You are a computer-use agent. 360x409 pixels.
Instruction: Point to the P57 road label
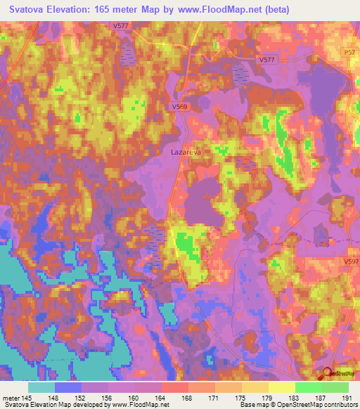350,52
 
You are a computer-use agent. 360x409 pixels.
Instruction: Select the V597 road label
351,261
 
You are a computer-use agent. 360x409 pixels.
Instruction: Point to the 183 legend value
295,396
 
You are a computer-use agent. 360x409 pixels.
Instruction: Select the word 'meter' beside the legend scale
11,396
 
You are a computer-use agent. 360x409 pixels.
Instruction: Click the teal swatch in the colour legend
42,387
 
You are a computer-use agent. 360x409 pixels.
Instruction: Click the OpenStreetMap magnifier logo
328,375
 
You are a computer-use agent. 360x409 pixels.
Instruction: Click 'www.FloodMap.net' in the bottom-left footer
142,405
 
